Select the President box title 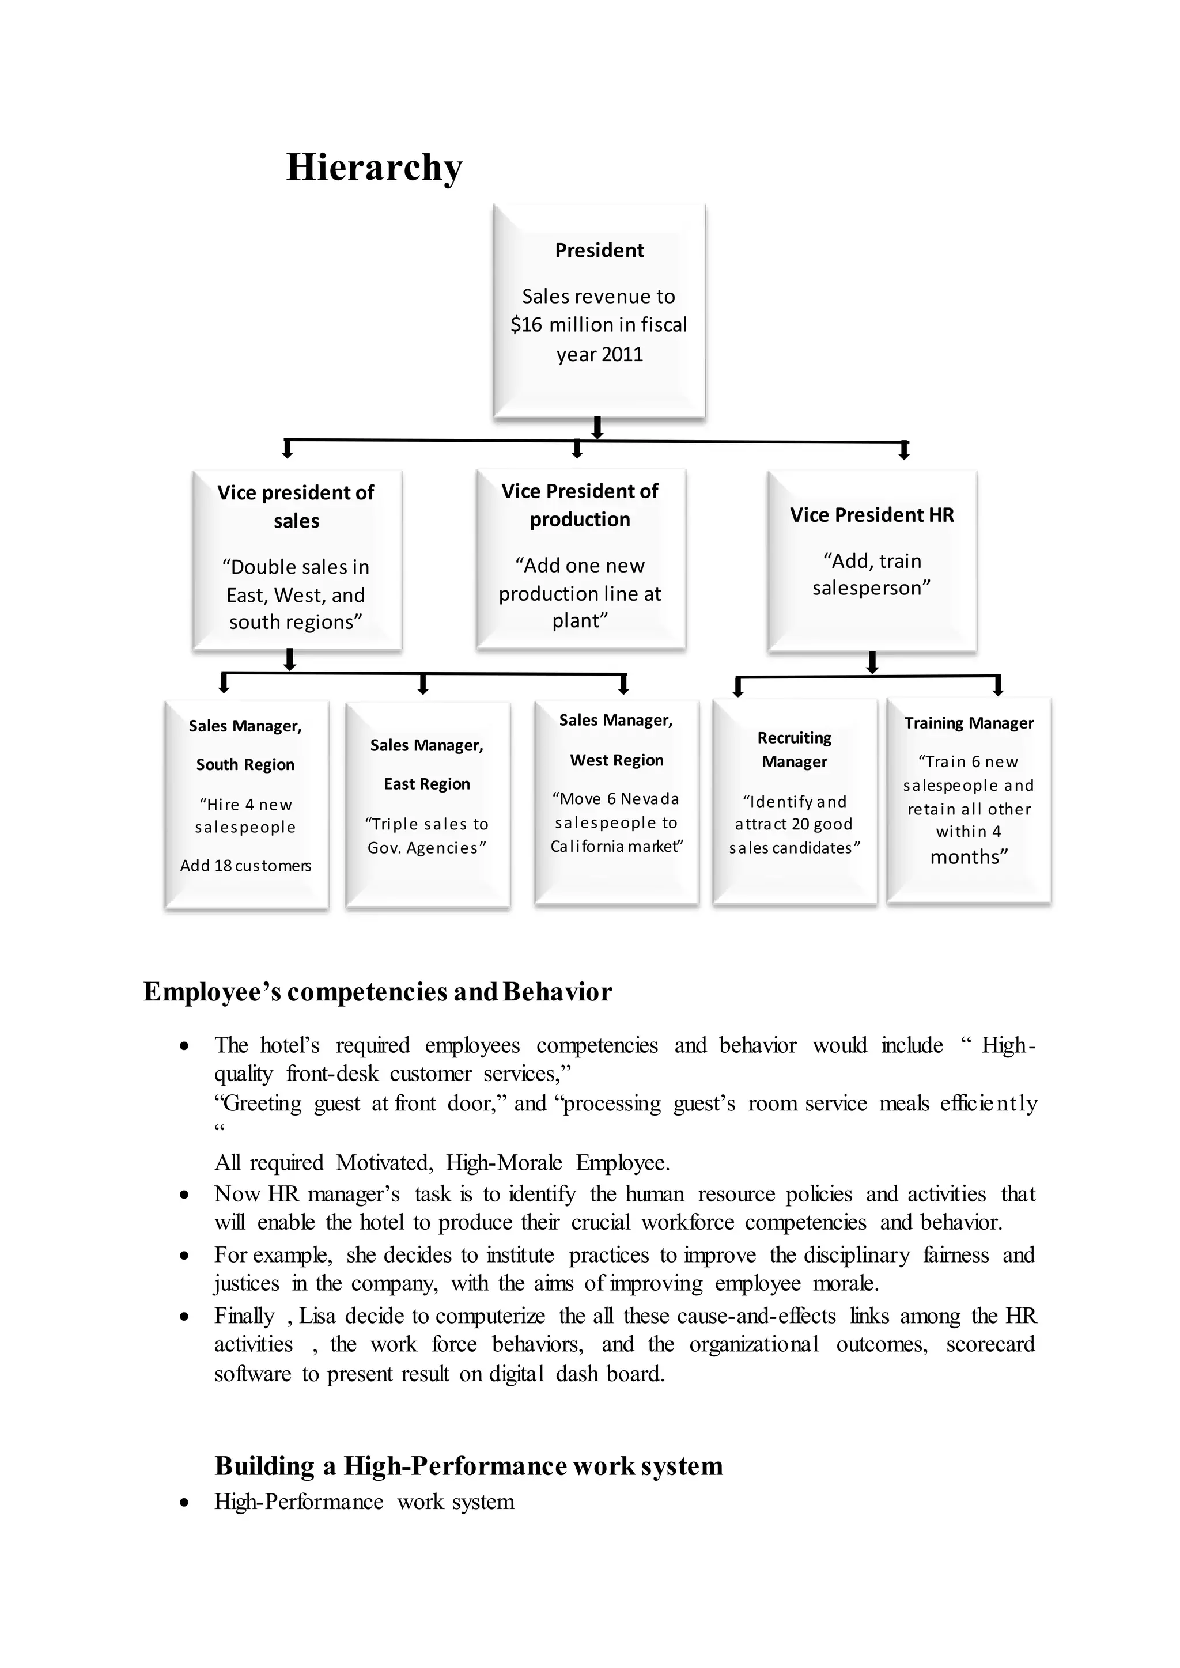599,251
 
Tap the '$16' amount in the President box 526,325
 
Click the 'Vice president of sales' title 296,506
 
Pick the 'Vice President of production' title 580,505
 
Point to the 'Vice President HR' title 872,515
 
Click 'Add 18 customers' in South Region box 245,866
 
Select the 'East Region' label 428,784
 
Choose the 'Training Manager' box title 969,723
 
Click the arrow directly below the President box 597,428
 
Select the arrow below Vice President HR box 873,662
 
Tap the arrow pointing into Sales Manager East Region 423,684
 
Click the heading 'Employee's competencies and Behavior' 377,992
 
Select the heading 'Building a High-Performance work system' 468,1466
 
